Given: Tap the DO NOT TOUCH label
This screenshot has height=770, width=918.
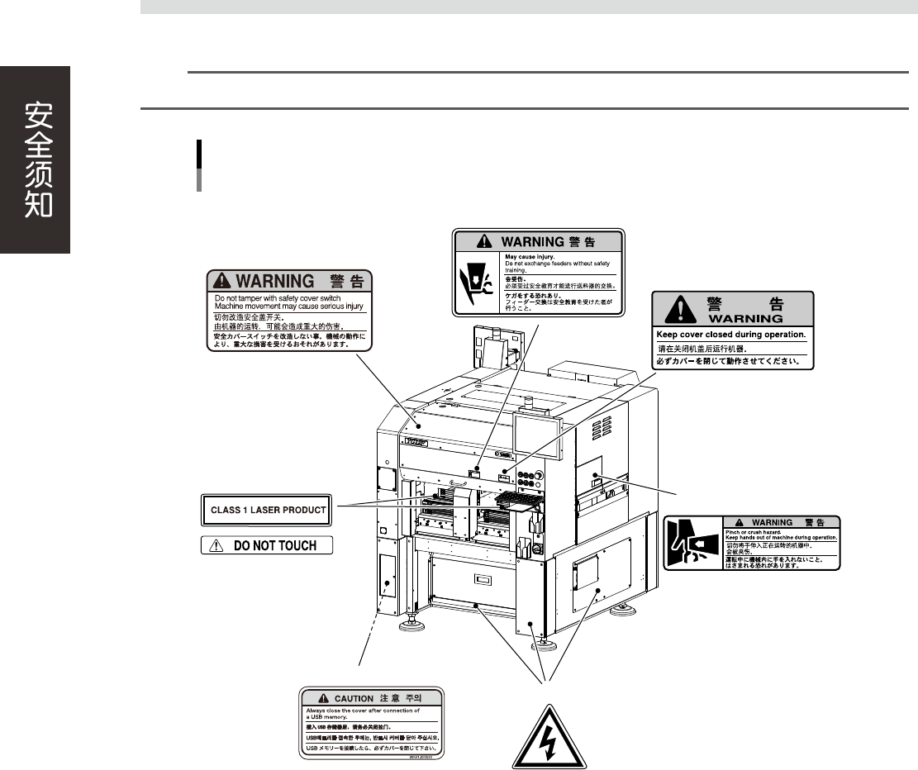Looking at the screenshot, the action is tap(267, 545).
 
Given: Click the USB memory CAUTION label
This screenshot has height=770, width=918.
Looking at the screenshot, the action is tap(370, 721).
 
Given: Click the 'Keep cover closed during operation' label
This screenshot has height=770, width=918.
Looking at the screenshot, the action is tap(733, 330).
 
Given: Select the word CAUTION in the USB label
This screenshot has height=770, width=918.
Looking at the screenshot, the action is tap(354, 698).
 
